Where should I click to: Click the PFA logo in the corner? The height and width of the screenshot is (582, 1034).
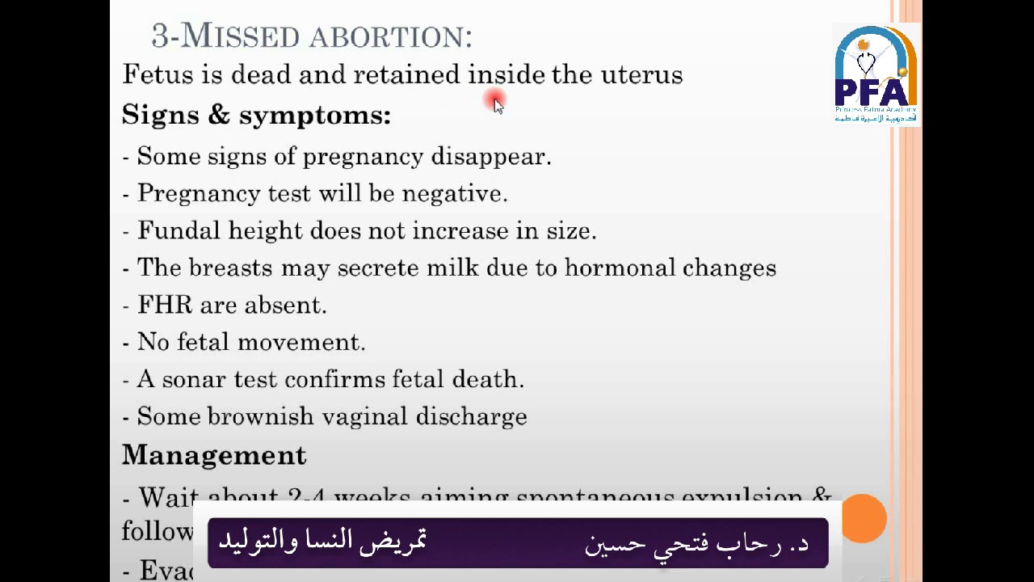876,74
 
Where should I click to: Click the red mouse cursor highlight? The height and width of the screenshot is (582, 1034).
494,100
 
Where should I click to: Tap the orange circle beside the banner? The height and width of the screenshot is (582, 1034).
864,518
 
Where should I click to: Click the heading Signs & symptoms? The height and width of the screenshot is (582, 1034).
256,116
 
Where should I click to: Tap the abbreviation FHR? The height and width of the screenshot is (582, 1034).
165,306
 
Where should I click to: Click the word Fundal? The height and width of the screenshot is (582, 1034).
179,231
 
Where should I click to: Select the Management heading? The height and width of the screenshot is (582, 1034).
214,456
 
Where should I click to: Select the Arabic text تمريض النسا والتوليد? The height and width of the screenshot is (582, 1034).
322,541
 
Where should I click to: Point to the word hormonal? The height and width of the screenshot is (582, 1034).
620,268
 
